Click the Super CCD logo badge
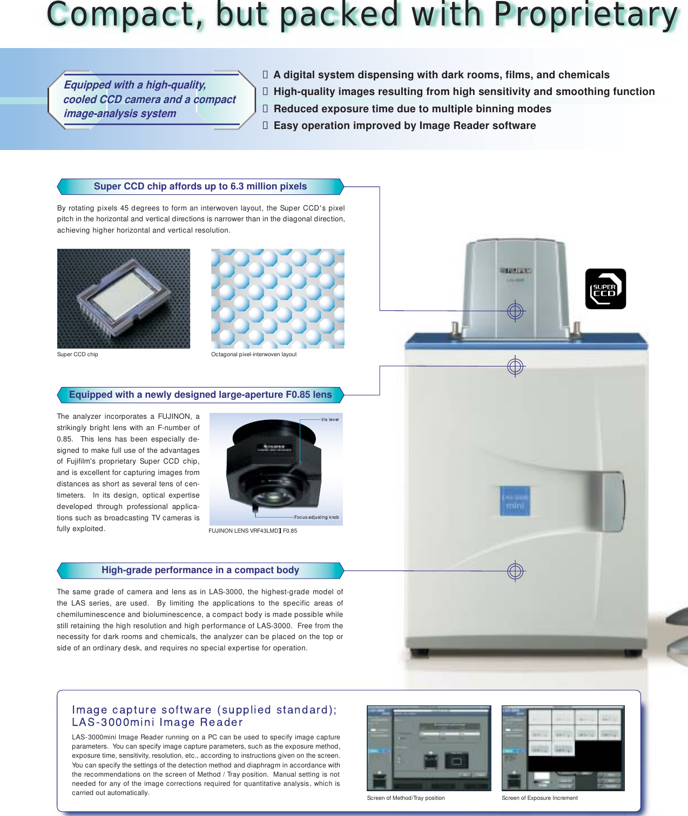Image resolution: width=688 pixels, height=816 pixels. click(x=605, y=289)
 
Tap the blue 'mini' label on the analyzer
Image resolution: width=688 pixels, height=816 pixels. click(x=515, y=501)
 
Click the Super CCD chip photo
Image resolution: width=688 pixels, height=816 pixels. click(x=124, y=298)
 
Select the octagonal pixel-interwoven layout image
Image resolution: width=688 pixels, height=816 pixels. click(x=278, y=298)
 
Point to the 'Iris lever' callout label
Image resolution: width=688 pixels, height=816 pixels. click(x=330, y=419)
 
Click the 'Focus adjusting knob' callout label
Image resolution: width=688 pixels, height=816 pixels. click(x=316, y=517)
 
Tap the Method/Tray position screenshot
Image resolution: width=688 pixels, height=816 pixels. click(x=429, y=748)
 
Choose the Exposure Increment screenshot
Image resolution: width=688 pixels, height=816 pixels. click(x=563, y=748)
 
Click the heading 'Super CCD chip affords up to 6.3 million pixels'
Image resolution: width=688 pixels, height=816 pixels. click(x=200, y=186)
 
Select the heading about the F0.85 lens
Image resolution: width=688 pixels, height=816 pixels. click(x=200, y=395)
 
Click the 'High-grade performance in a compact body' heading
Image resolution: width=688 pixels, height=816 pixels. click(x=200, y=570)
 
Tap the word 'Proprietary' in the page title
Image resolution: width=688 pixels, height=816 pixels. click(x=585, y=15)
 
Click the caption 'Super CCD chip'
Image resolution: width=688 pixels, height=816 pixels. click(x=78, y=355)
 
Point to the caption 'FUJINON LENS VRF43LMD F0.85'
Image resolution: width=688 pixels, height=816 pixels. click(x=253, y=531)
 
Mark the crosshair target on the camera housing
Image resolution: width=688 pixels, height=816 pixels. click(x=515, y=311)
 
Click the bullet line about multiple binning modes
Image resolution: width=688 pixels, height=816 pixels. click(x=412, y=108)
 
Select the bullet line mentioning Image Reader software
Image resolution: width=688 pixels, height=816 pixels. click(x=404, y=126)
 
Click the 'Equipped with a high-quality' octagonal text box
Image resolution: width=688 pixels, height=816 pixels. click(x=151, y=99)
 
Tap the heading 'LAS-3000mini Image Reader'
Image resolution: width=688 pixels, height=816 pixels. click(x=157, y=722)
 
